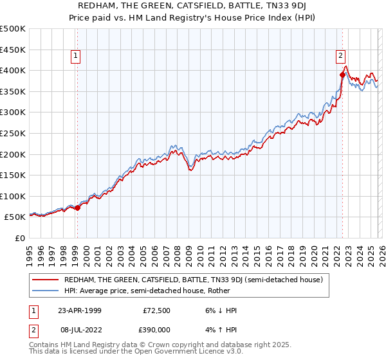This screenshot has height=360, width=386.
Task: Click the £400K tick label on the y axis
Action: point(13,70)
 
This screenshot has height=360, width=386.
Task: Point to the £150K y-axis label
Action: point(13,175)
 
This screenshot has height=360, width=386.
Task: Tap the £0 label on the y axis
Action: point(19,238)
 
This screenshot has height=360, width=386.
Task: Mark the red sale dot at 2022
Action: point(342,75)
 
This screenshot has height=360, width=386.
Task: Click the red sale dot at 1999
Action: point(77,208)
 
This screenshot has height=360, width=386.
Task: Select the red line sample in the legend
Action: point(45,280)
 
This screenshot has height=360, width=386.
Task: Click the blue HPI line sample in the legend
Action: point(45,291)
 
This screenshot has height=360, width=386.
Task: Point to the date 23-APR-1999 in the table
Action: point(80,310)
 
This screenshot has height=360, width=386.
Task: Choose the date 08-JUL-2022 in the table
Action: point(80,328)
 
